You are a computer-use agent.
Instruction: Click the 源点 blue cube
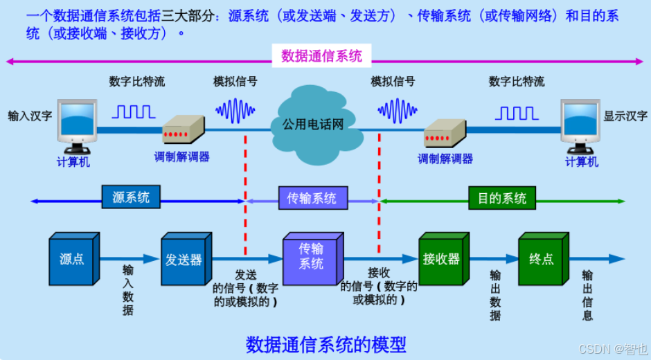[73, 260]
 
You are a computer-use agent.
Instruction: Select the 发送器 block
[184, 260]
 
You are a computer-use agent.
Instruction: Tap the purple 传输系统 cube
[312, 258]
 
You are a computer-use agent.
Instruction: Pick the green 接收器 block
[442, 260]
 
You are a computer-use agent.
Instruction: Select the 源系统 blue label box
[130, 198]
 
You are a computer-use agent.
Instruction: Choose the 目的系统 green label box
[502, 199]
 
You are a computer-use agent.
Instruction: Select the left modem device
[183, 129]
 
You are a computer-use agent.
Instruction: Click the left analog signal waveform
[235, 109]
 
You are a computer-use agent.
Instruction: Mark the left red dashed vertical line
[245, 194]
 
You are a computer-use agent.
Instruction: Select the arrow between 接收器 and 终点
[494, 259]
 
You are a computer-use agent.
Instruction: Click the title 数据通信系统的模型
[325, 344]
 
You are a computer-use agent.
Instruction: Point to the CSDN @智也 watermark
[612, 349]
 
